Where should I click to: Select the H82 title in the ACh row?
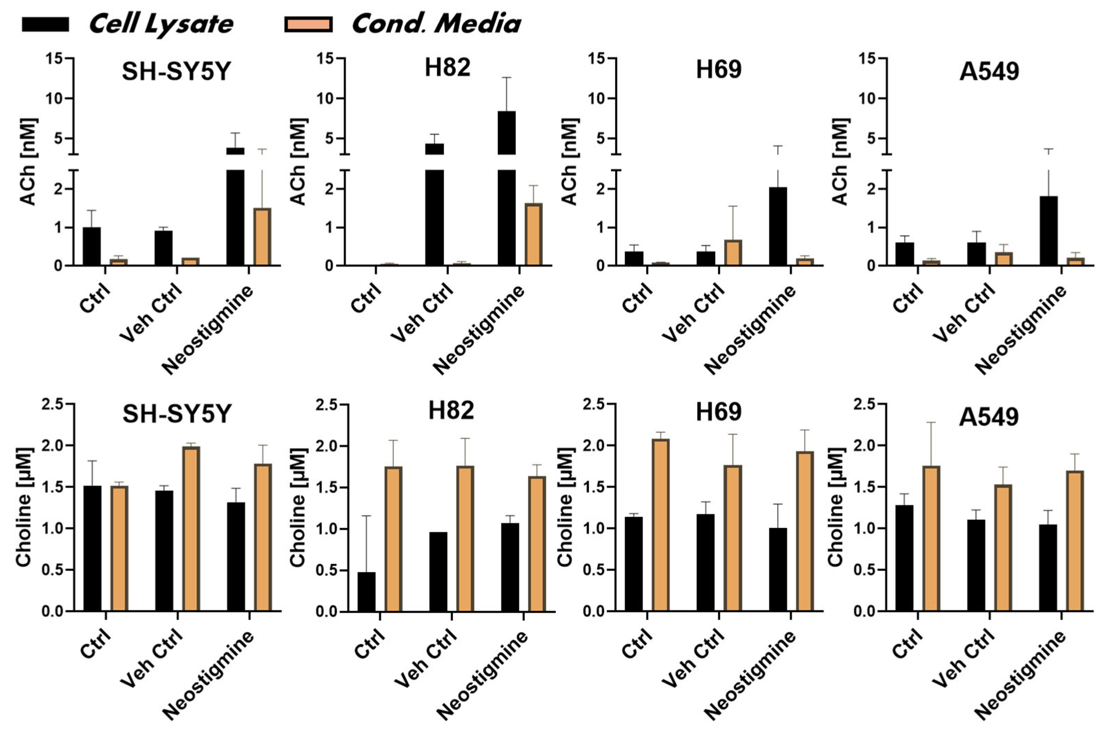pyautogui.click(x=447, y=68)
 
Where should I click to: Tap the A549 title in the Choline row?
pyautogui.click(x=988, y=416)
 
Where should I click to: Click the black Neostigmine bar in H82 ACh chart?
pyautogui.click(x=506, y=187)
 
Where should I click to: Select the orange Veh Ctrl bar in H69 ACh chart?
pyautogui.click(x=733, y=253)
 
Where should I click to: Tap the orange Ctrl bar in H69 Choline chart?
pyautogui.click(x=661, y=525)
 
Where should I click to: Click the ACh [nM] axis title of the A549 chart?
pyautogui.click(x=841, y=161)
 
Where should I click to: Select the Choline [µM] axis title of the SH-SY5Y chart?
pyautogui.click(x=23, y=508)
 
